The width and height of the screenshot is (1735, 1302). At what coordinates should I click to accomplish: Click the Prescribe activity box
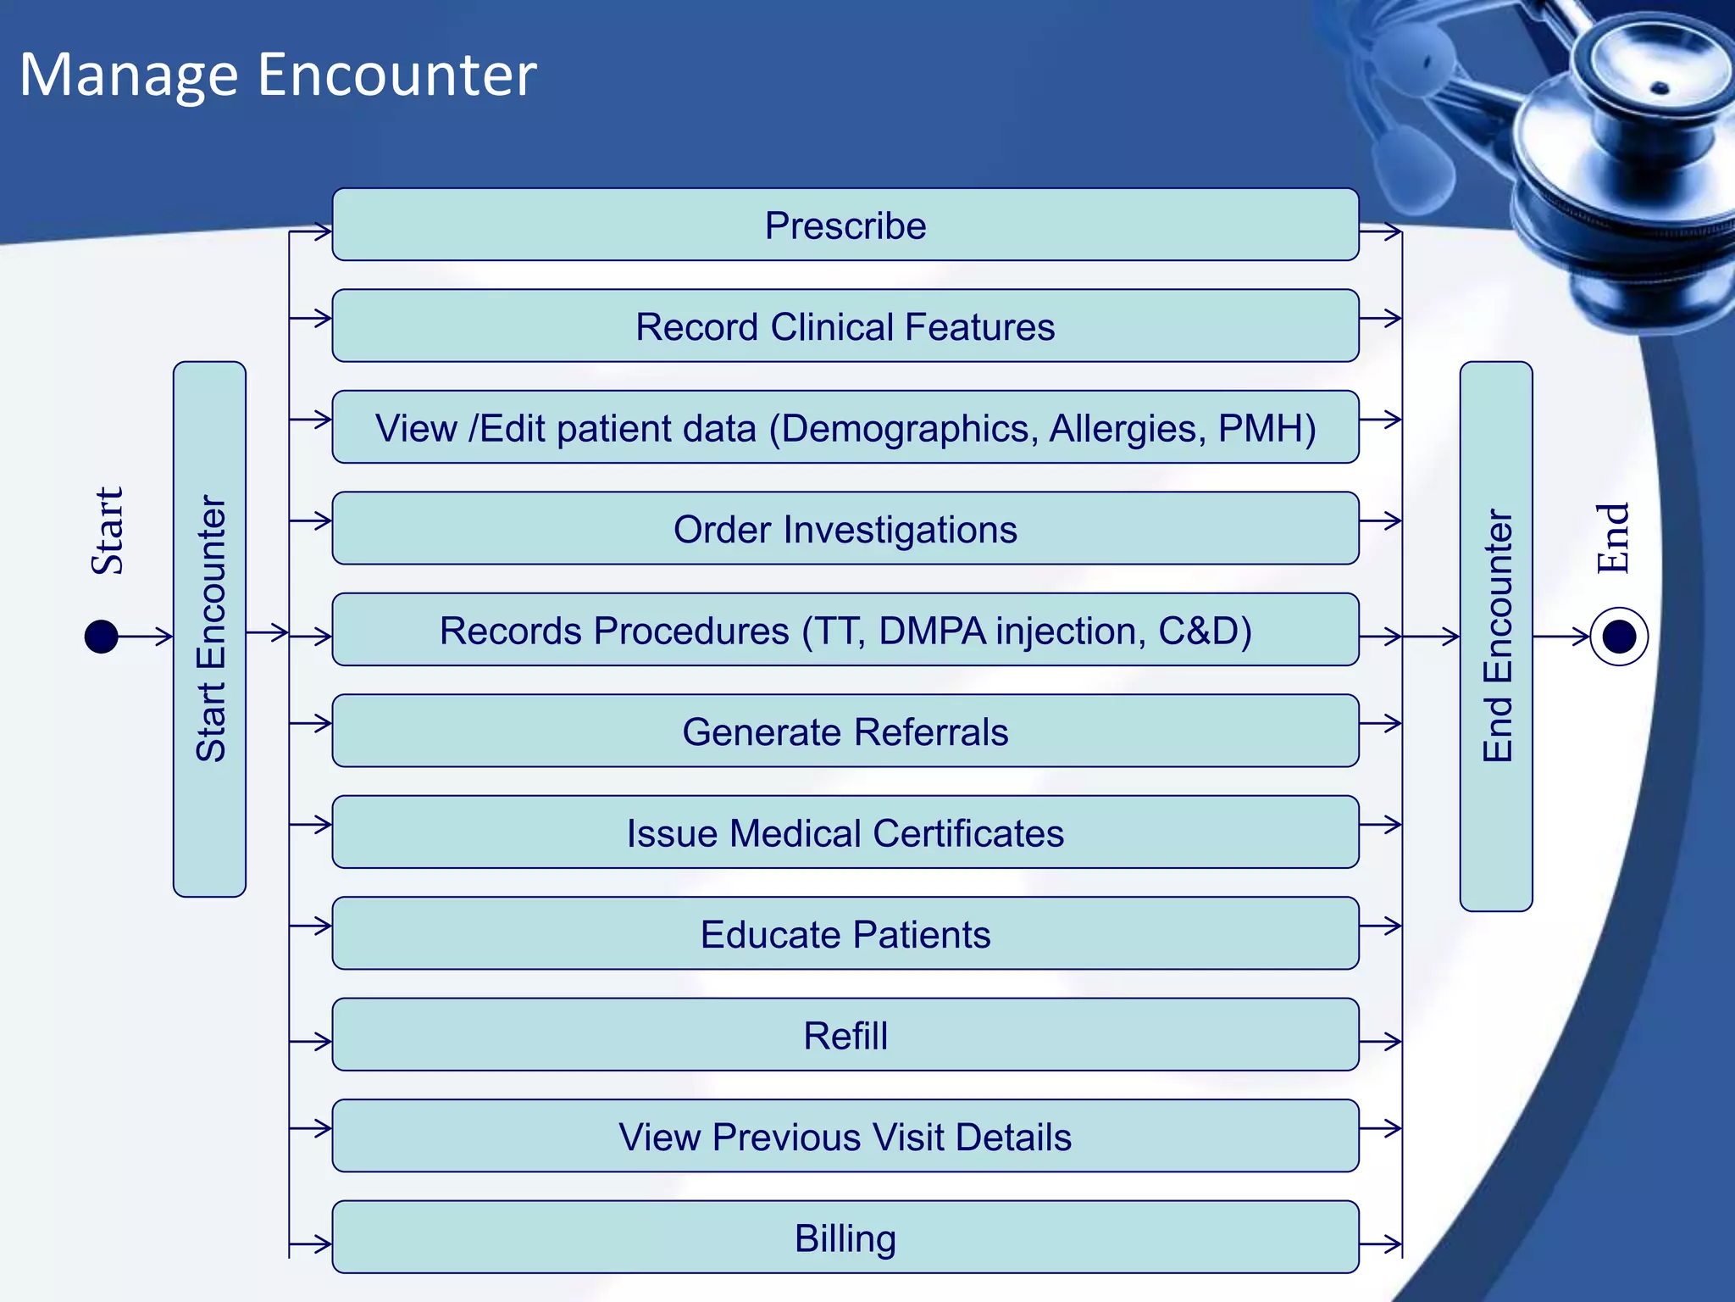pyautogui.click(x=845, y=225)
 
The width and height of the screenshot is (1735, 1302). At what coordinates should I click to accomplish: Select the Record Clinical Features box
pyautogui.click(x=845, y=326)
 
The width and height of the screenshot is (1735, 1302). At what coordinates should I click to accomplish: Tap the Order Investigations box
pyautogui.click(x=845, y=529)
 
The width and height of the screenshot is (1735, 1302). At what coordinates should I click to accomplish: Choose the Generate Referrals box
pyautogui.click(x=845, y=732)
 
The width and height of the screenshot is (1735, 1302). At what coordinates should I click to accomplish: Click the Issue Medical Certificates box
pyautogui.click(x=845, y=832)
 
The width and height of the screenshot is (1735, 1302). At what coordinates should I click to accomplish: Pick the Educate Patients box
pyautogui.click(x=845, y=934)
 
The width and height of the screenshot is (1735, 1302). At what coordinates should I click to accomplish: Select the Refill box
pyautogui.click(x=845, y=1035)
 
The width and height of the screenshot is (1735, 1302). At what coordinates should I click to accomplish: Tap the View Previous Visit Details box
pyautogui.click(x=845, y=1137)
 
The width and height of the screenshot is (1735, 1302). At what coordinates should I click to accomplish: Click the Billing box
pyautogui.click(x=845, y=1238)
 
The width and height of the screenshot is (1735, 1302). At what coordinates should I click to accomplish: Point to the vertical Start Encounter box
pyautogui.click(x=209, y=629)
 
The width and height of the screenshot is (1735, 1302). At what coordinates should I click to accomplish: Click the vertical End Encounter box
pyautogui.click(x=1496, y=636)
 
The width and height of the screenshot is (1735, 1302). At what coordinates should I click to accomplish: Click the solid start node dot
pyautogui.click(x=102, y=637)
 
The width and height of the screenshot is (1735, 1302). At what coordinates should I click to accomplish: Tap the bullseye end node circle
pyautogui.click(x=1619, y=637)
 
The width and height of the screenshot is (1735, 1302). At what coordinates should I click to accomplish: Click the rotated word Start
pyautogui.click(x=108, y=531)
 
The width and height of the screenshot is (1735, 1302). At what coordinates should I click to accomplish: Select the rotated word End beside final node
pyautogui.click(x=1612, y=539)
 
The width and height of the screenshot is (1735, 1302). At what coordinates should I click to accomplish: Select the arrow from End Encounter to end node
pyautogui.click(x=1561, y=637)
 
